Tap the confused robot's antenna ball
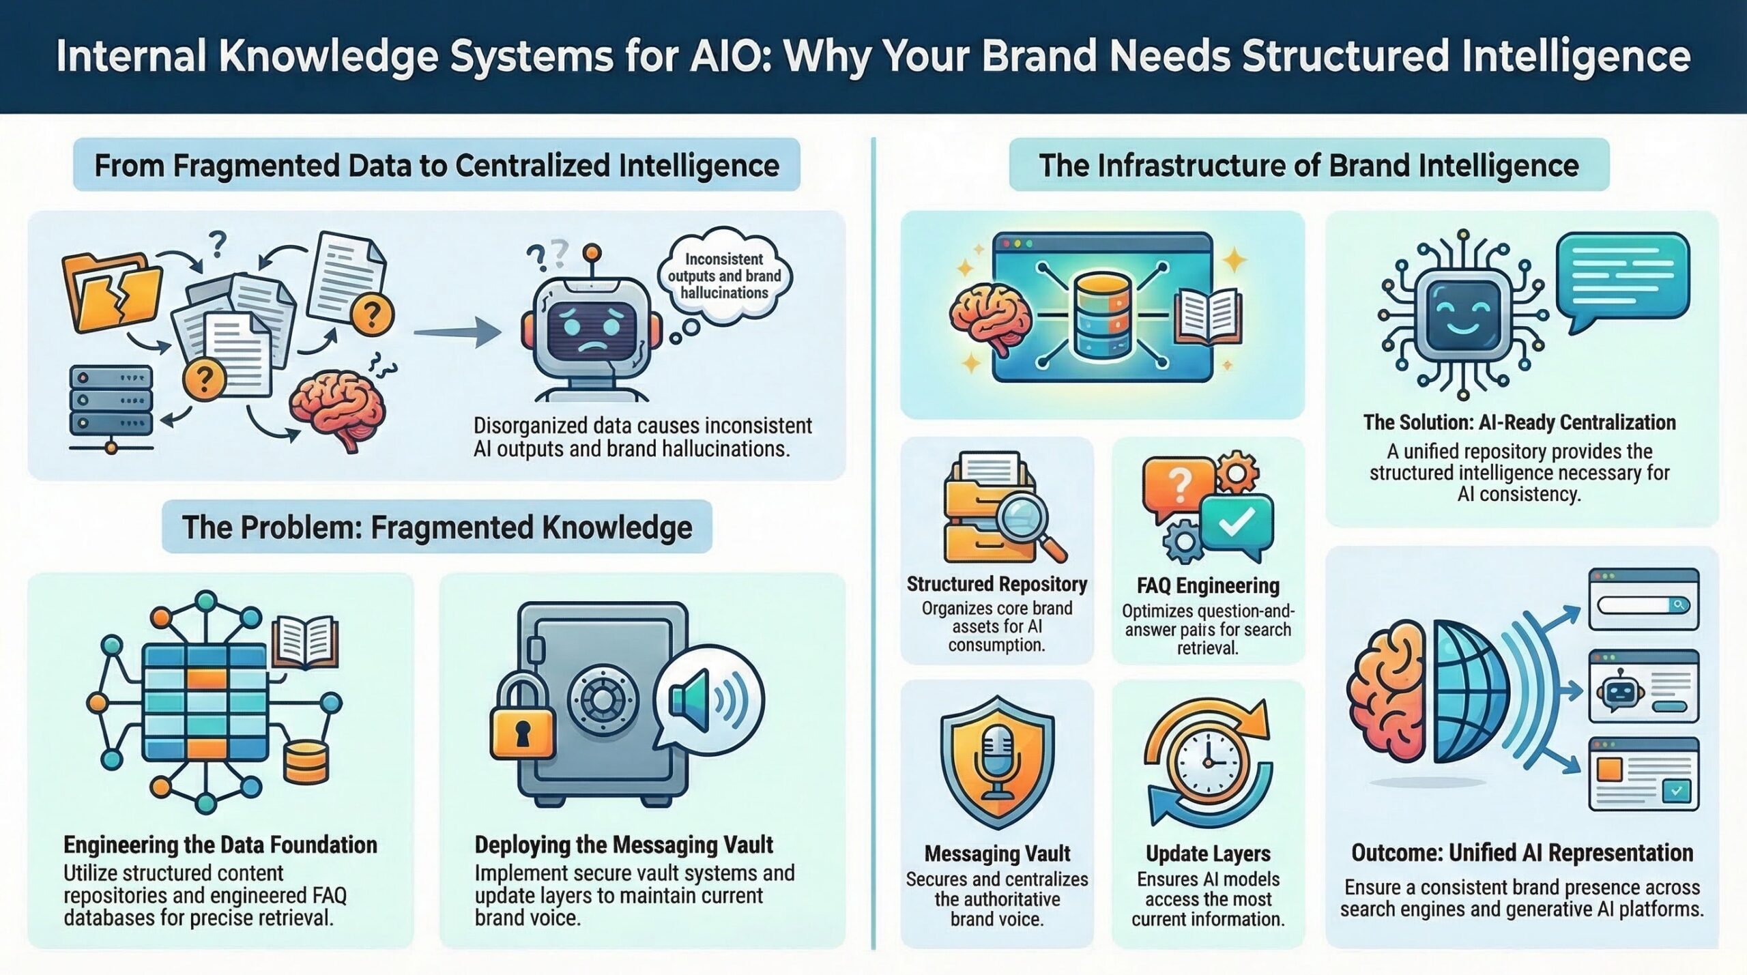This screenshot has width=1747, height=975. (592, 254)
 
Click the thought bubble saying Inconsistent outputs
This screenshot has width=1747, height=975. (724, 276)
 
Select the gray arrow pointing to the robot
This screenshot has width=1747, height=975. (457, 334)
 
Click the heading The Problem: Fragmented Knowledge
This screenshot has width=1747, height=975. (437, 527)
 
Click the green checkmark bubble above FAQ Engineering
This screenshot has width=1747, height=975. (1237, 523)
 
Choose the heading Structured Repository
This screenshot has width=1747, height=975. (996, 585)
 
